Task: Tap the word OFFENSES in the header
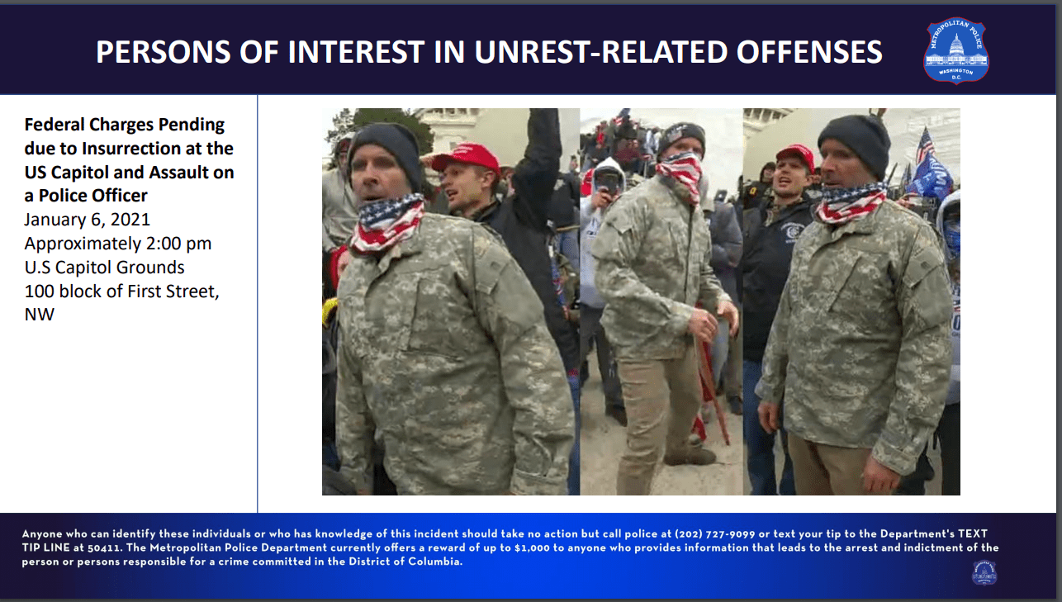809,52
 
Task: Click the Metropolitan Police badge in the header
956,51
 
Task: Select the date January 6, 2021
88,220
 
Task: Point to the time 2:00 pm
178,244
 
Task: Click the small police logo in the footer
984,572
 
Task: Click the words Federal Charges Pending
124,125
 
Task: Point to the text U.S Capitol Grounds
104,268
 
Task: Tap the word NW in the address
40,315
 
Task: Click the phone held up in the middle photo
607,182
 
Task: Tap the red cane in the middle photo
711,379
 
